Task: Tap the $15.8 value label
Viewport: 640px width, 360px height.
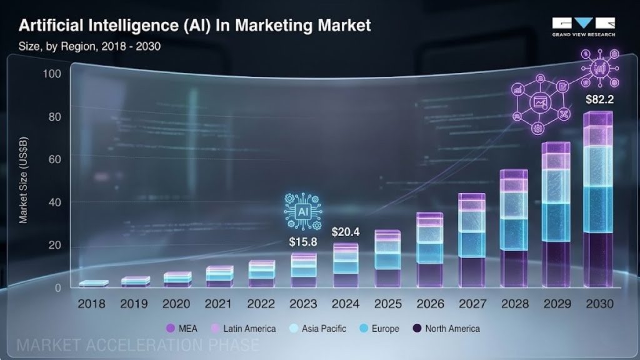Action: coord(303,242)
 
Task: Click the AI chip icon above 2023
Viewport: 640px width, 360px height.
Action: coord(303,212)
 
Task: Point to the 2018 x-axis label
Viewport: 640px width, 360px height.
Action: coord(92,304)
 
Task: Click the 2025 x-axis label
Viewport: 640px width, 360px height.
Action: coord(388,304)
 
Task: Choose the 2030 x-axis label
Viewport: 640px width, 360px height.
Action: coord(598,304)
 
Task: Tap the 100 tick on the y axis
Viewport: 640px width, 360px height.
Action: coord(51,74)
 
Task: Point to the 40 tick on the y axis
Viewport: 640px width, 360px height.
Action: coord(54,202)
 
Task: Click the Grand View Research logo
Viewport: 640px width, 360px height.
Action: coord(583,27)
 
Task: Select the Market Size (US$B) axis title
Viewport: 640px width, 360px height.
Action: coord(23,182)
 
